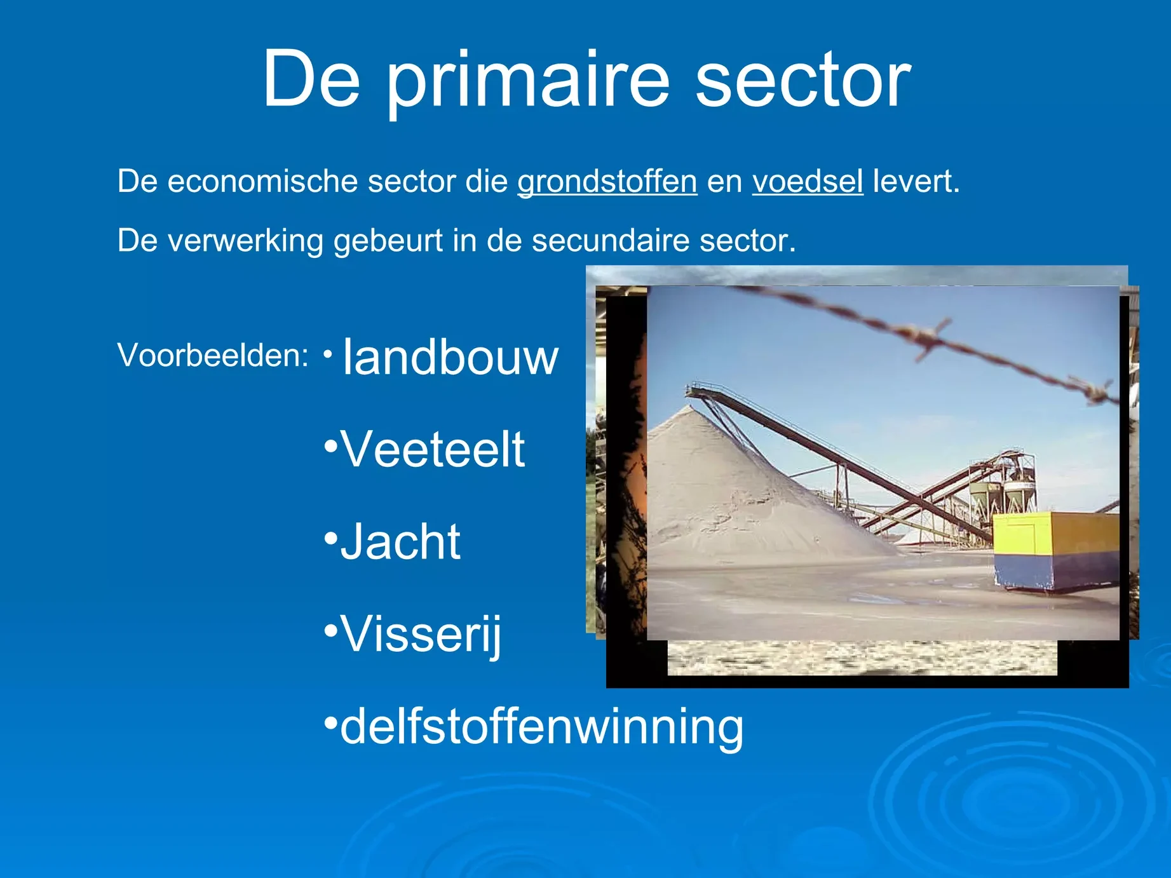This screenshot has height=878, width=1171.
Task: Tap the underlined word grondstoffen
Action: coord(607,182)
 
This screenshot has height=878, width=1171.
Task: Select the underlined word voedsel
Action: coord(808,182)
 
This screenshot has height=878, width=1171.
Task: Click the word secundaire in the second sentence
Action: coord(611,241)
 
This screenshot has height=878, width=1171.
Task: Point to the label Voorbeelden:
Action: coord(213,355)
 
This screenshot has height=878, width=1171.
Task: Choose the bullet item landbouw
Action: coord(450,357)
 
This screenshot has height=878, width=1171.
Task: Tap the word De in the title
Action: coord(312,79)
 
